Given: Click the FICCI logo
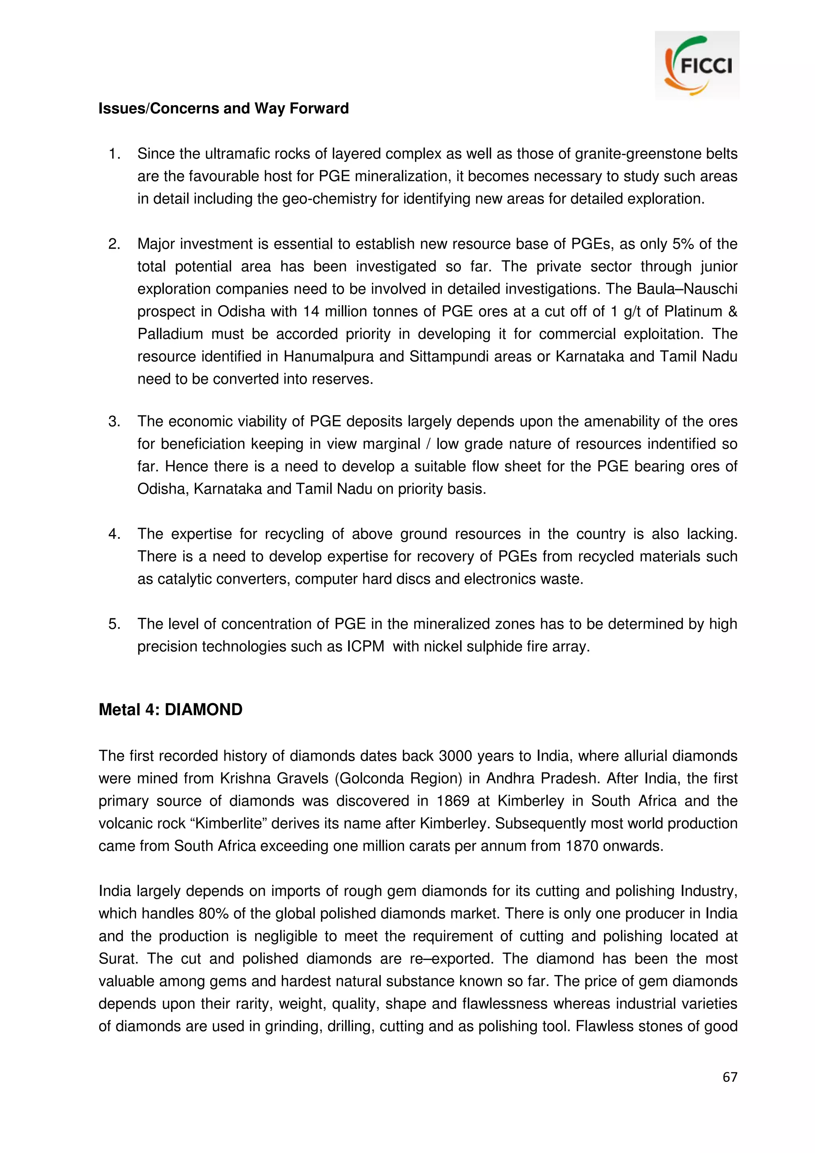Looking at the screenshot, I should (697, 66).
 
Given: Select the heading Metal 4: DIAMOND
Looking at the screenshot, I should (170, 709).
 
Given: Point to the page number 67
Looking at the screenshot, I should (729, 1077).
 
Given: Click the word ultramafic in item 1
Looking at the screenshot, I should (246, 154).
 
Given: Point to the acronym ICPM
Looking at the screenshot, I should (365, 646).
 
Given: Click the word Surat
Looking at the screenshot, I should (117, 959).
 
